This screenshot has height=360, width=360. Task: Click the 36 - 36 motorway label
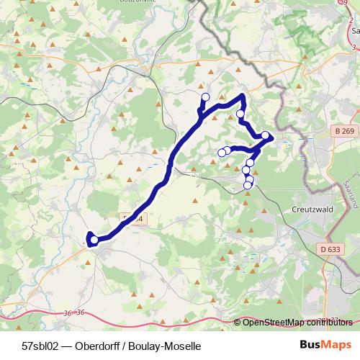click(x=74, y=312)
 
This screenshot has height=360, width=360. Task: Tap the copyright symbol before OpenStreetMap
click(x=238, y=323)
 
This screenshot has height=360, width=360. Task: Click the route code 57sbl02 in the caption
click(x=41, y=346)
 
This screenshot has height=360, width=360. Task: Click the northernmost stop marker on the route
click(x=205, y=97)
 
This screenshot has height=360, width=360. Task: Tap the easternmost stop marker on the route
click(x=265, y=135)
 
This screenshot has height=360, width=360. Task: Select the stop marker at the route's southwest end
click(x=94, y=240)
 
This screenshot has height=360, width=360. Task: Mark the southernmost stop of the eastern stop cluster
click(x=248, y=185)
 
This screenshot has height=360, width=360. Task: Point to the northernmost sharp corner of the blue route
click(x=243, y=96)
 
